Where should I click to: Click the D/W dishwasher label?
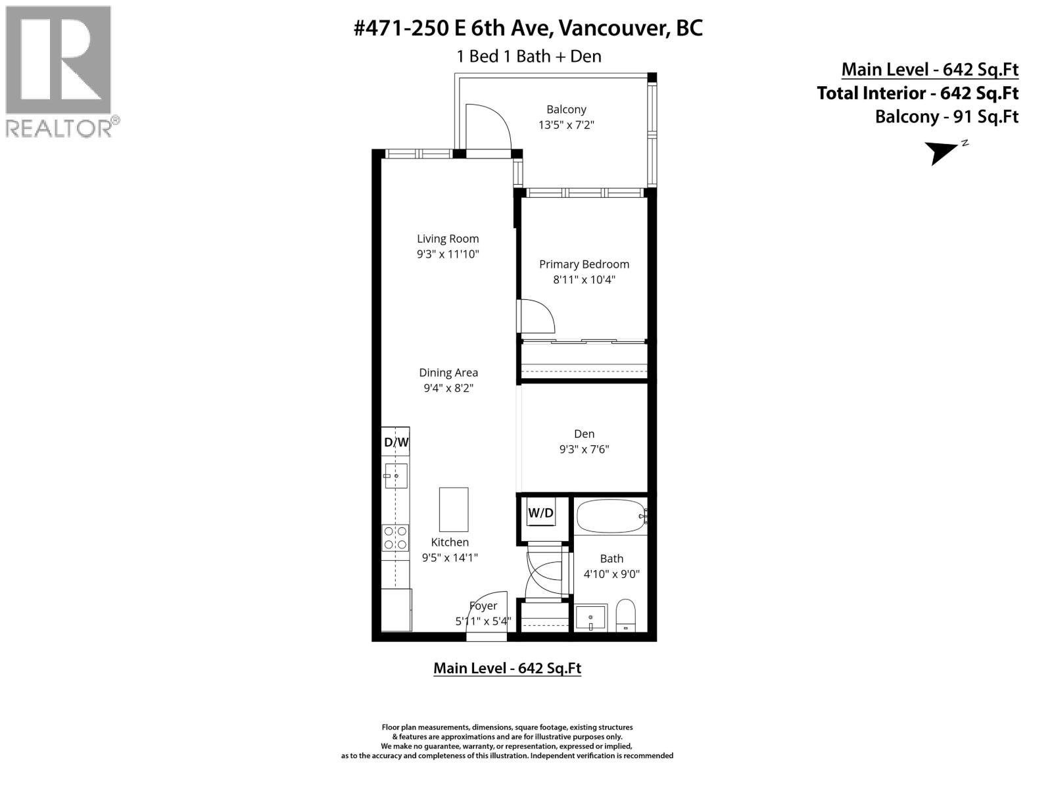[x=396, y=442]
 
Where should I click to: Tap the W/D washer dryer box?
[x=540, y=513]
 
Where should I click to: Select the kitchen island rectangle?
[x=454, y=509]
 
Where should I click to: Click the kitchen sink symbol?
[x=396, y=475]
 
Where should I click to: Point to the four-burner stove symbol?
[x=396, y=537]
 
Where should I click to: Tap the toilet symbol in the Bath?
[x=625, y=615]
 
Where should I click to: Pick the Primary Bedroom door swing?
[x=537, y=316]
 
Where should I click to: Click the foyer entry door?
[x=487, y=615]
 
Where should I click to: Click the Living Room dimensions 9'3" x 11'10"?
[x=448, y=254]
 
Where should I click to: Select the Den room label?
[x=584, y=434]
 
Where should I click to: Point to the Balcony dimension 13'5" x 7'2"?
[x=566, y=125]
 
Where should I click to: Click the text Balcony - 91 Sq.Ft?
[x=946, y=117]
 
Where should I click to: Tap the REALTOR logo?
[x=59, y=71]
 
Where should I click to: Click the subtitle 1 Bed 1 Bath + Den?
[x=529, y=57]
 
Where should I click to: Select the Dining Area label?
[x=448, y=373]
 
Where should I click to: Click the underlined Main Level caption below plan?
[x=507, y=668]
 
